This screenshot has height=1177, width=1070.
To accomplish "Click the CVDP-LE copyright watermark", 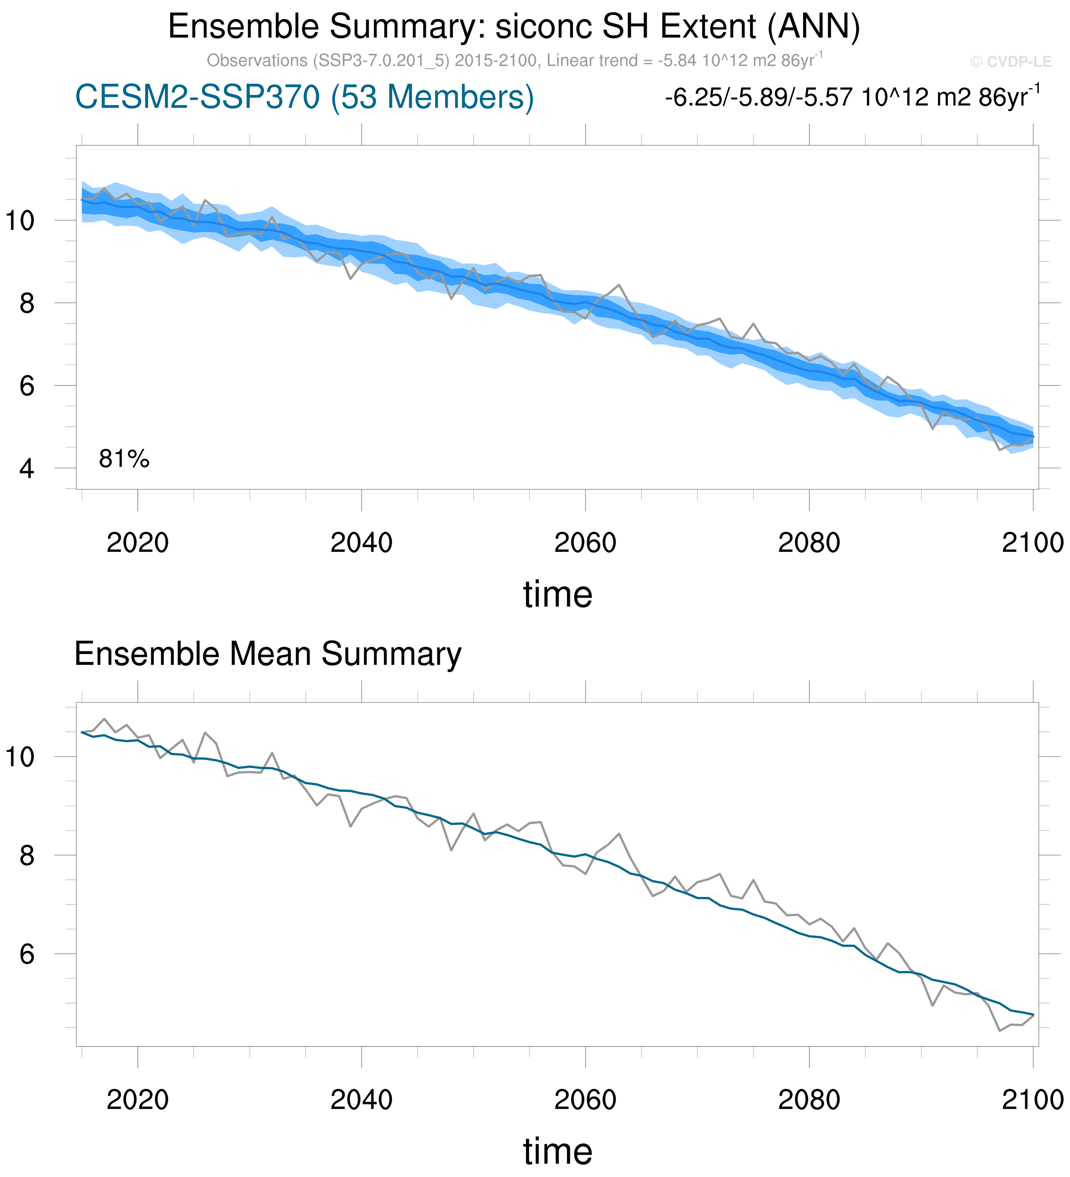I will click(1010, 62).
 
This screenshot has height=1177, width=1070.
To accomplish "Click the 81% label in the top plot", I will click(124, 460).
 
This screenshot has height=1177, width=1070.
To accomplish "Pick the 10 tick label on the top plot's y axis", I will click(19, 221).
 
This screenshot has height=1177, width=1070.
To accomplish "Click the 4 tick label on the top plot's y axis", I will click(26, 469).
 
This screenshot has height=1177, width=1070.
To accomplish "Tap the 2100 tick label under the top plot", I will click(1033, 543).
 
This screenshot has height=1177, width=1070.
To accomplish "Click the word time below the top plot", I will click(557, 595).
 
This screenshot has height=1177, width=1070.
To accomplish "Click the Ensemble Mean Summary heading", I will click(268, 654).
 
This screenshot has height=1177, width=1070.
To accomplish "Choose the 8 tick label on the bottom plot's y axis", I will click(26, 856).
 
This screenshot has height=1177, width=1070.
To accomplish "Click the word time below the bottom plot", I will click(557, 1151).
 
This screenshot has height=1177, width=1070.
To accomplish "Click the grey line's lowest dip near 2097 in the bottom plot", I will click(1000, 1030).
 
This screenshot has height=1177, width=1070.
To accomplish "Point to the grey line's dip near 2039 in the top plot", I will click(350, 279).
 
